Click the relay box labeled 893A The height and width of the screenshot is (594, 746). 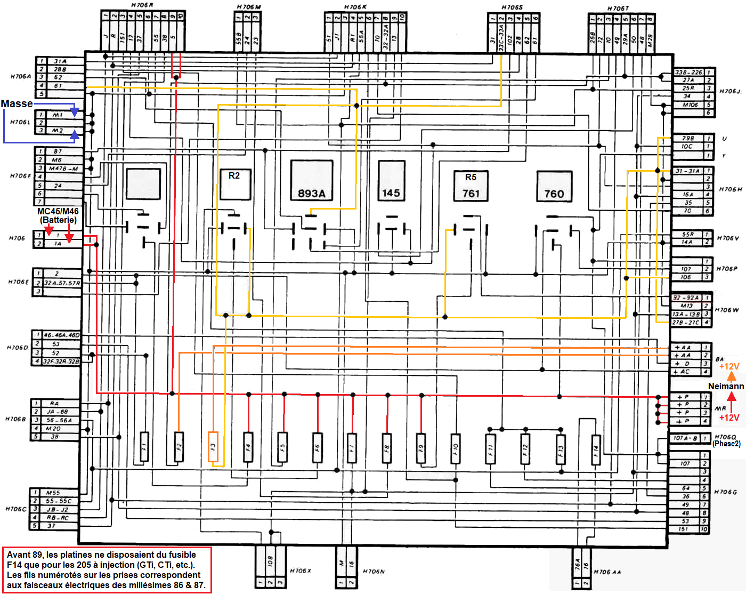pos(312,181)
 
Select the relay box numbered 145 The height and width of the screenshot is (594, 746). pos(391,181)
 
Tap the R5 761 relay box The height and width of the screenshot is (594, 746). pos(471,186)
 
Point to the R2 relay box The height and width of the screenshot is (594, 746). pos(235,184)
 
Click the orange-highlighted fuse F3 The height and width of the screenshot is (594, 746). pos(213,447)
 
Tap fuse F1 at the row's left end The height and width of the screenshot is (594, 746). pos(144,447)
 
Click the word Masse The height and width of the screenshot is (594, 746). pos(17,103)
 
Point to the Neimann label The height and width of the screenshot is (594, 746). pos(726,386)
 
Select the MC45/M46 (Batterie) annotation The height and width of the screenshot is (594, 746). pos(58,215)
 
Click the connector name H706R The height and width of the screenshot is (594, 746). pos(142,5)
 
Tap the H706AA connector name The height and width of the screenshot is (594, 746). pos(607,572)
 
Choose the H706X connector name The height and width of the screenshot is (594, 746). pos(301,571)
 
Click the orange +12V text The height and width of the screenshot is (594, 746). pos(729,366)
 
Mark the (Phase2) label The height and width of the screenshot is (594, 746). pos(726,444)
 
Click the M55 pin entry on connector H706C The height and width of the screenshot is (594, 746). pos(53,493)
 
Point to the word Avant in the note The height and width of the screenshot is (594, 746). pos(19,555)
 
